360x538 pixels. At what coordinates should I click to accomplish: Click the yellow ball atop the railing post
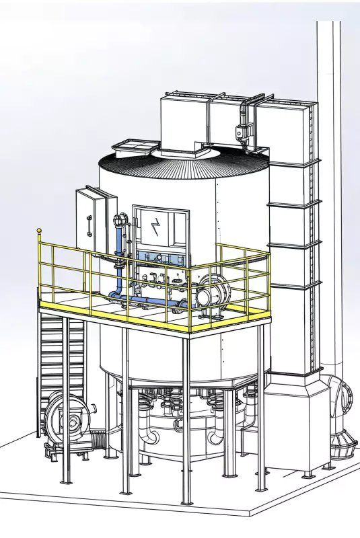40,231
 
